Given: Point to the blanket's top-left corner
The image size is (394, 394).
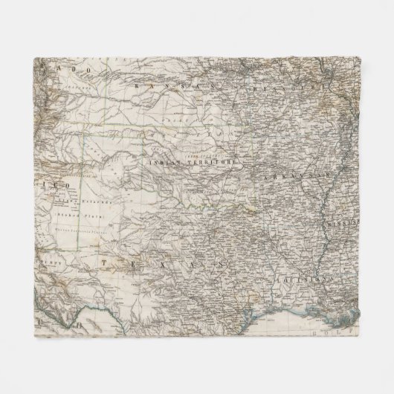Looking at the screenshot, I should pos(35,58).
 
